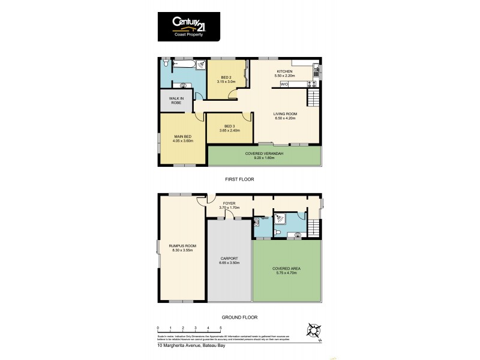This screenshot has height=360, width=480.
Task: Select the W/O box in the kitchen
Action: click(284, 85)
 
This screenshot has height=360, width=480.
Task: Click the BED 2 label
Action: click(226, 77)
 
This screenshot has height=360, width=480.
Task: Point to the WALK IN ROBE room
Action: click(176, 100)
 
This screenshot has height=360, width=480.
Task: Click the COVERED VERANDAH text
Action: click(264, 154)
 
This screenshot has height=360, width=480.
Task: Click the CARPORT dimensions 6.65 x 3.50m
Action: click(230, 263)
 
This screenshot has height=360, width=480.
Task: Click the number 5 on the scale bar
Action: click(221, 328)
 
